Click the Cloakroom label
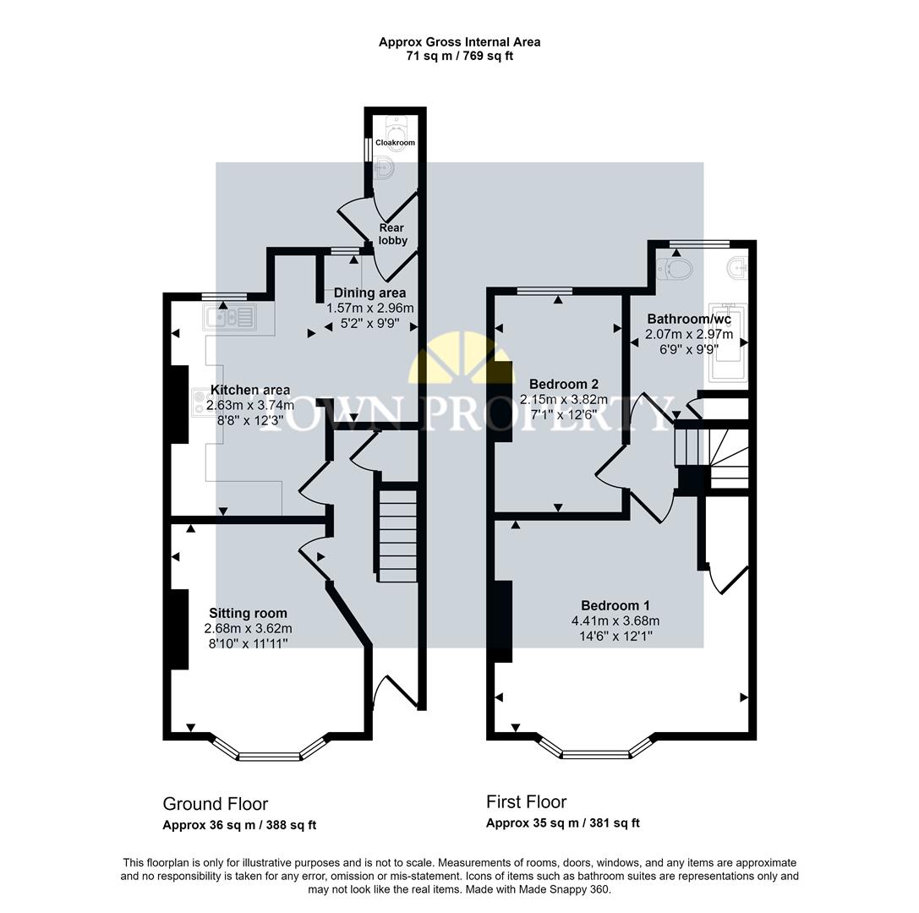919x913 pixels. point(396,143)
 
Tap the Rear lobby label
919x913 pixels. point(392,234)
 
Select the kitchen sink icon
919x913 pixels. point(228,318)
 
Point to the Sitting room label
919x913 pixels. point(248,613)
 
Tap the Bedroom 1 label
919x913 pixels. point(615,605)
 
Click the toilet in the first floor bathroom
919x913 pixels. point(675,269)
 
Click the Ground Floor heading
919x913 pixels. point(215,804)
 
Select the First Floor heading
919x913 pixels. point(526,801)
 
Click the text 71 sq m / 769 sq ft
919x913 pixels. point(459,57)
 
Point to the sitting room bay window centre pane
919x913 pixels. point(268,755)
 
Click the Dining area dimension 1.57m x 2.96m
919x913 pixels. point(370,309)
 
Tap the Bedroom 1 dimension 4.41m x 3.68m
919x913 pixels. point(615,621)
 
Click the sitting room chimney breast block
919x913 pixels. point(179,630)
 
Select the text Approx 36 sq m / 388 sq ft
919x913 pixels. point(239,825)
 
